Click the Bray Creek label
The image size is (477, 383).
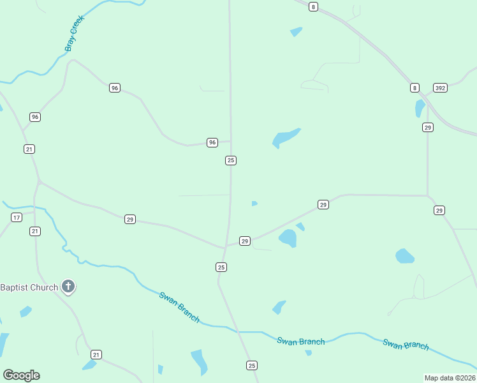(75, 34)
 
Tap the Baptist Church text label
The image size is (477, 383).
(29, 287)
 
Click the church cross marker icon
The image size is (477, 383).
(69, 287)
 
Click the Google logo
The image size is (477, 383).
(21, 375)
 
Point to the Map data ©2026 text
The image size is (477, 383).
(450, 378)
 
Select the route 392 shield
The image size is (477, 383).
(440, 87)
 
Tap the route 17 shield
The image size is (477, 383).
(17, 218)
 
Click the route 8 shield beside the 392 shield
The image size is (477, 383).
(415, 87)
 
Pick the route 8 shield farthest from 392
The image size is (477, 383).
(312, 6)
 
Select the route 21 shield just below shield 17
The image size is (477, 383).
(35, 231)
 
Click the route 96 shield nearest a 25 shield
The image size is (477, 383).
(212, 142)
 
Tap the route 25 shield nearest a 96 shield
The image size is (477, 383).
(231, 160)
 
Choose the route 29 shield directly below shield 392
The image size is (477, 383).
(427, 128)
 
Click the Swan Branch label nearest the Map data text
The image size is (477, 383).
(406, 344)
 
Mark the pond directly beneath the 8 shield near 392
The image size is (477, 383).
(420, 109)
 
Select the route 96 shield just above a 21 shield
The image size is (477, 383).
(35, 117)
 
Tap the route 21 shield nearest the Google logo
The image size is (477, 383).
(96, 354)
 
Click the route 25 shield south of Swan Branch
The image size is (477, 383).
(252, 365)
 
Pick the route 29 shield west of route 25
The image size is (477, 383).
(130, 219)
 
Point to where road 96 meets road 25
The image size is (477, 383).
(230, 142)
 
